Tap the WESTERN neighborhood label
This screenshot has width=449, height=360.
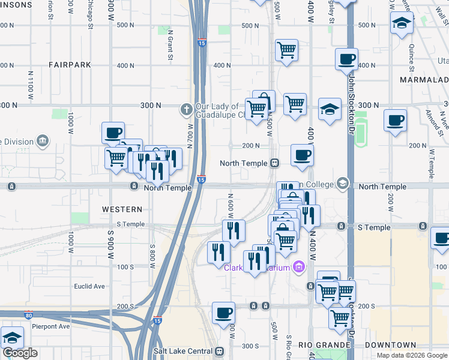[122, 209]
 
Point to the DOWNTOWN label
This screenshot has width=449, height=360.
[393, 345]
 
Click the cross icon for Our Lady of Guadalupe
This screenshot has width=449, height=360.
[187, 109]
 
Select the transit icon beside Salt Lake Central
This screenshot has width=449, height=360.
[219, 351]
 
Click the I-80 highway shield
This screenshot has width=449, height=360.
[29, 314]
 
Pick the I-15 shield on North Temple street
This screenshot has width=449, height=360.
[201, 179]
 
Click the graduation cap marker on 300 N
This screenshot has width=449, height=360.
[329, 109]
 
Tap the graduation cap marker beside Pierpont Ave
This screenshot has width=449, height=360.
[12, 337]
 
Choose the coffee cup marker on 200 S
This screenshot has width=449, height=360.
[223, 312]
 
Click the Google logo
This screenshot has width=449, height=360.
[20, 353]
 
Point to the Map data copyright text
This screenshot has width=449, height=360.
[412, 355]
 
